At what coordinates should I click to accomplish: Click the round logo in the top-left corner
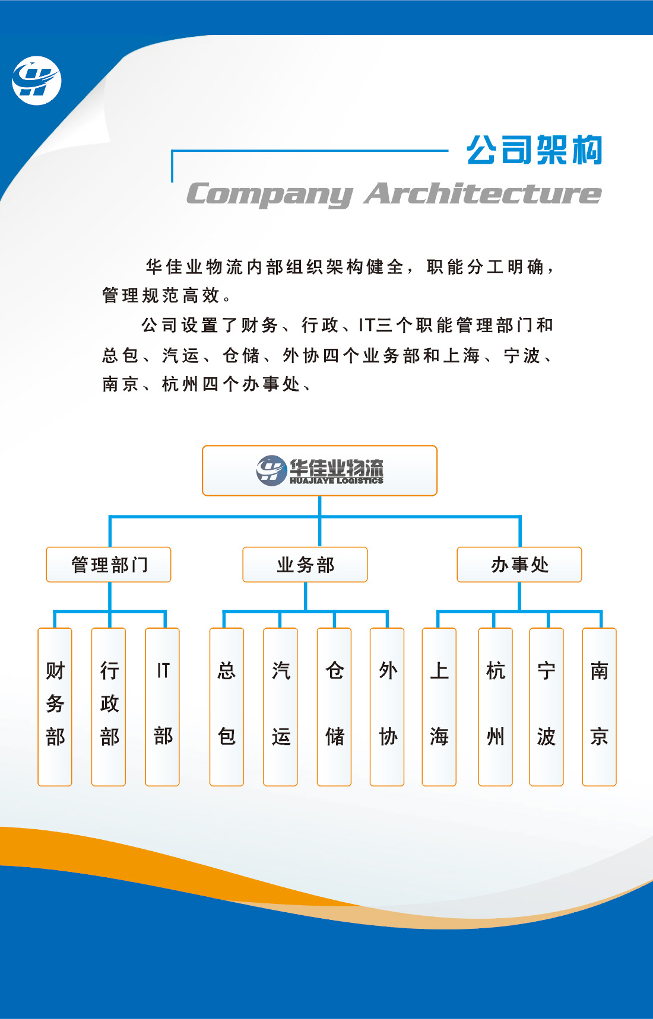point(36,81)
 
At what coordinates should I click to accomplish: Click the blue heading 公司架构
point(534,150)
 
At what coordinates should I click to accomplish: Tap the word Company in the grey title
point(270,195)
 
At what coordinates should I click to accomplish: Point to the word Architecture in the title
point(483,193)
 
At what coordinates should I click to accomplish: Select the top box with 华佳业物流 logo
point(319,470)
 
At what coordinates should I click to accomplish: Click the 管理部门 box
point(109,565)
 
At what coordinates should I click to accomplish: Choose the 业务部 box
point(305,565)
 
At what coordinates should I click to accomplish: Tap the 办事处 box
point(519,565)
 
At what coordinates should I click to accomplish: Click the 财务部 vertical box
point(55,707)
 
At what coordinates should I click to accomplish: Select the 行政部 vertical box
point(109,707)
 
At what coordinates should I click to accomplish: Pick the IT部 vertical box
point(163,707)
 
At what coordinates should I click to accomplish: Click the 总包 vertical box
point(227,707)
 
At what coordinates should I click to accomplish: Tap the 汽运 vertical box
point(280,707)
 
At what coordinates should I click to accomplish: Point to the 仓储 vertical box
point(334,707)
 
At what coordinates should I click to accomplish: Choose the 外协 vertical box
point(387,707)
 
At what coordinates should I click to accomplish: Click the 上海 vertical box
point(439,707)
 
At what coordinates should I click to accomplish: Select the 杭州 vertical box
point(496,707)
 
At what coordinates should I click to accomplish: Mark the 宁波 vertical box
point(547,707)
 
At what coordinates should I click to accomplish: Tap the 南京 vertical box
point(600,707)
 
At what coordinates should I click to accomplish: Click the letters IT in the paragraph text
point(366,325)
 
